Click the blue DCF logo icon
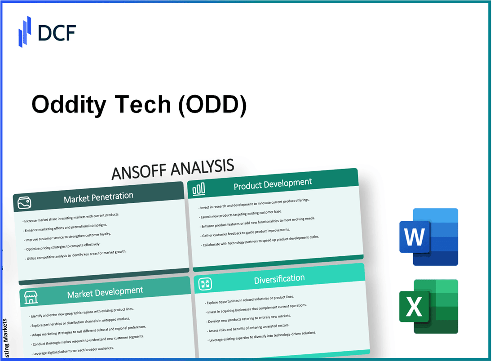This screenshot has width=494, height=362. click(25, 31)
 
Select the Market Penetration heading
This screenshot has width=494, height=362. click(98, 197)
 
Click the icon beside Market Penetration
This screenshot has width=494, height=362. click(25, 203)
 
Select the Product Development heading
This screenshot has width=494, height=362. click(273, 183)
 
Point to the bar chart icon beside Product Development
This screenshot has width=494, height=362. click(198, 190)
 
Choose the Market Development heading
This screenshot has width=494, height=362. click(105, 293)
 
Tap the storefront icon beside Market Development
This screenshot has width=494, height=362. click(31, 297)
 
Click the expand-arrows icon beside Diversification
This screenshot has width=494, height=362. click(205, 283)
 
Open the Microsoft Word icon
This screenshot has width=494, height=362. click(428, 237)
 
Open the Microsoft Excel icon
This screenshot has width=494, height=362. click(428, 306)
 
